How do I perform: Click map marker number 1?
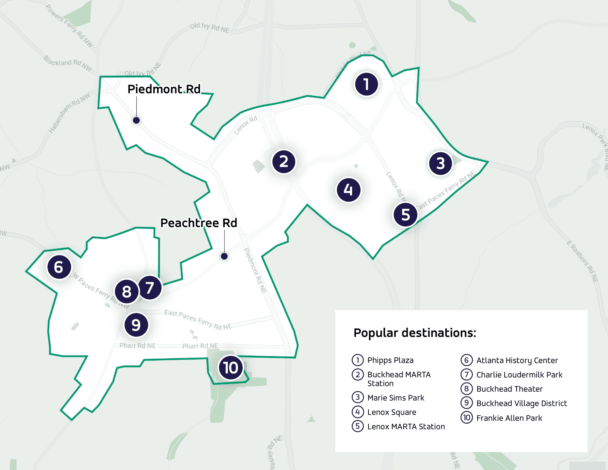(366, 84)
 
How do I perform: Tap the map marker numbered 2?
(284, 162)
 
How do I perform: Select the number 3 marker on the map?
(441, 163)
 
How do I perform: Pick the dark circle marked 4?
(348, 190)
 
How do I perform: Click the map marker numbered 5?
(405, 214)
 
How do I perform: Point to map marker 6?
(59, 267)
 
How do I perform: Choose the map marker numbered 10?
(231, 368)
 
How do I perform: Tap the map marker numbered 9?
(136, 325)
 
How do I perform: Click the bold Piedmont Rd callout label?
(164, 89)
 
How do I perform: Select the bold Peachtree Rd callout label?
(199, 223)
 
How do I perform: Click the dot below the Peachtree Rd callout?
(224, 256)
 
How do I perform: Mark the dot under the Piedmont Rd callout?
(136, 120)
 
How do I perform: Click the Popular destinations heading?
(415, 333)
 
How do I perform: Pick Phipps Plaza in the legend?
(390, 360)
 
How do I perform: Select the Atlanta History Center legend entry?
(517, 360)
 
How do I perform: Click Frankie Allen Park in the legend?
(509, 418)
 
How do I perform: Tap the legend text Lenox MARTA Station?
(406, 426)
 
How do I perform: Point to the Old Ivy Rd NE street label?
(210, 28)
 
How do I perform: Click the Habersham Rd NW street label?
(69, 113)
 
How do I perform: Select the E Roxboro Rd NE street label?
(582, 261)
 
